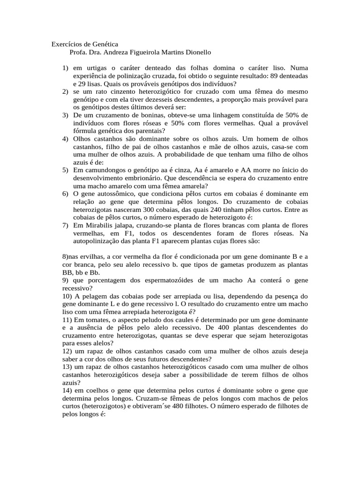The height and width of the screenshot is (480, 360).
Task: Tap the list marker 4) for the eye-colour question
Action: [66, 138]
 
